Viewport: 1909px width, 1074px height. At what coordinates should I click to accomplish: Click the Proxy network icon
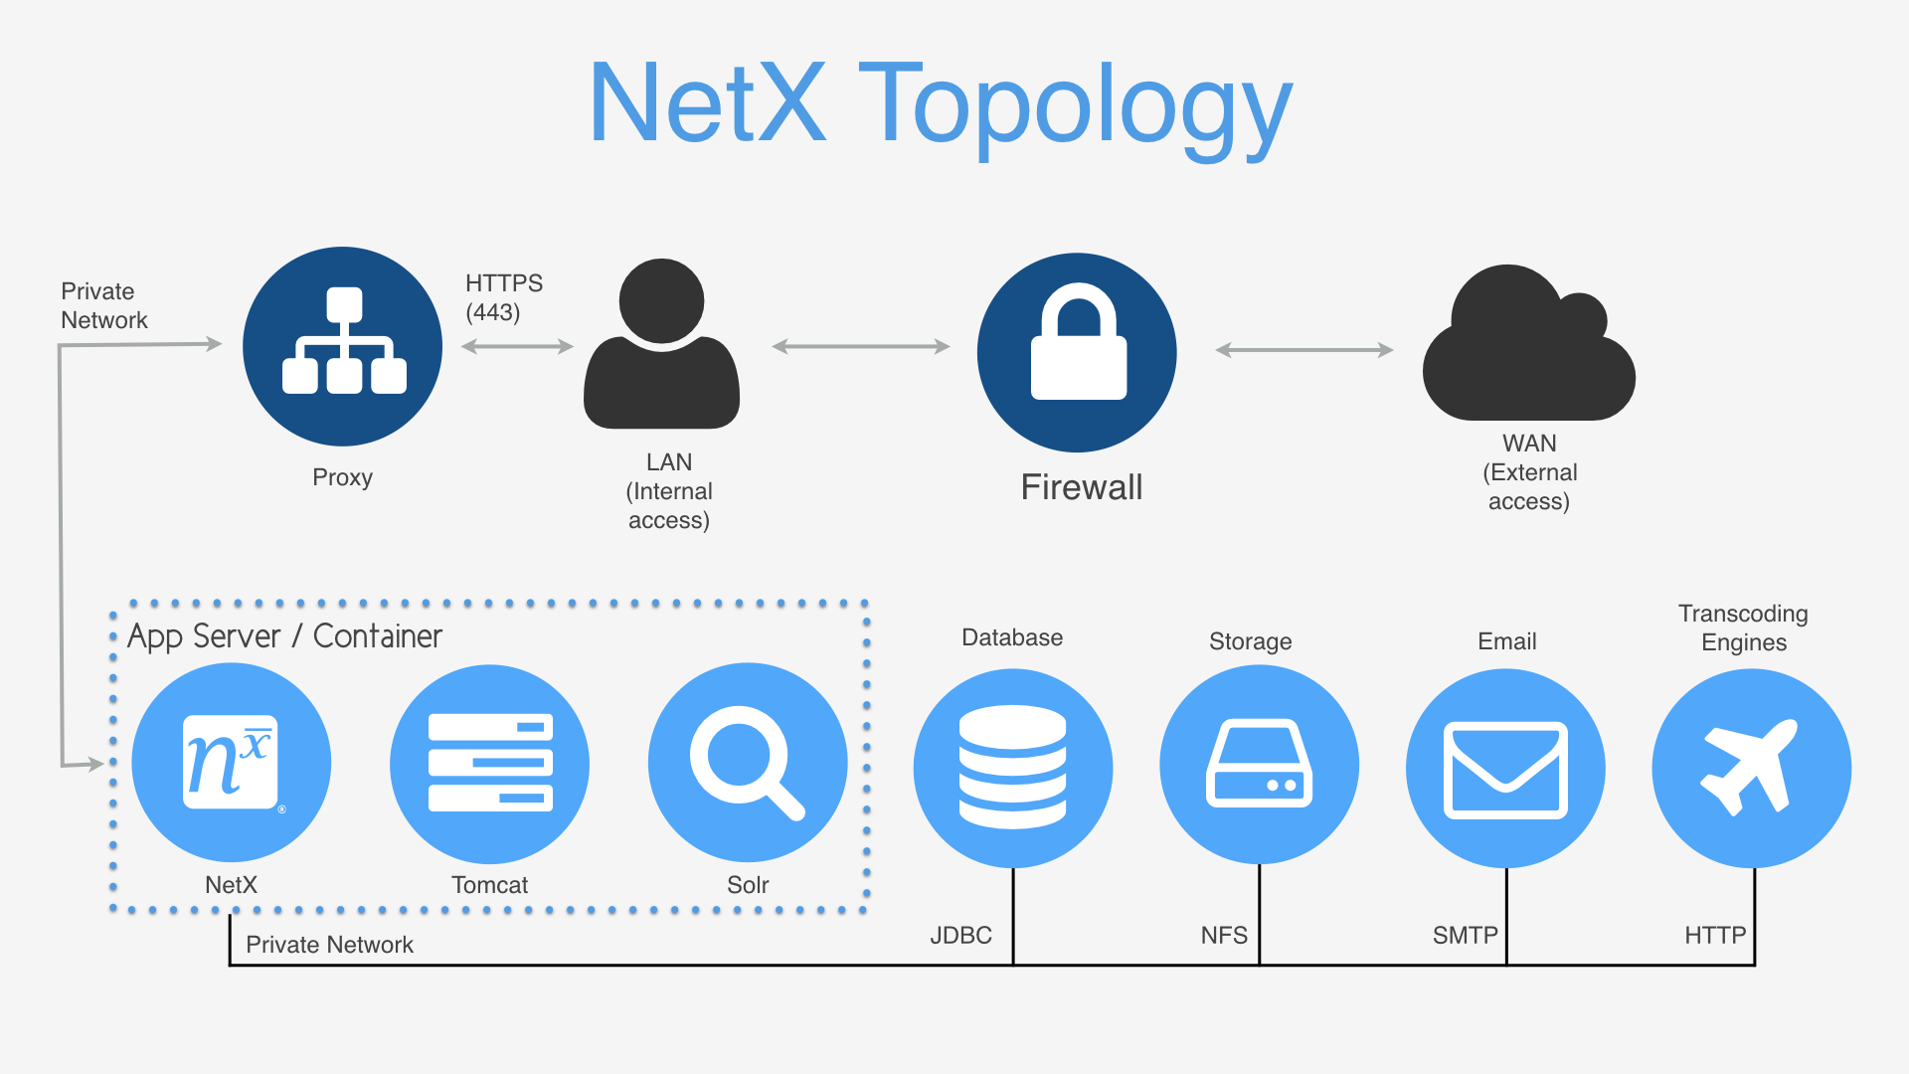[x=343, y=346]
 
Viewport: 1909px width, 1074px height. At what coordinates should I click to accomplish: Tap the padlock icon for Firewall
[x=1078, y=352]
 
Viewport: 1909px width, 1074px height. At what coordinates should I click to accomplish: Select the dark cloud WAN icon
[x=1528, y=348]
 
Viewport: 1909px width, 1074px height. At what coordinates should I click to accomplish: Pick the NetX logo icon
[x=232, y=763]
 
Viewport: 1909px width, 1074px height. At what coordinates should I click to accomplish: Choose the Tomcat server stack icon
[x=490, y=764]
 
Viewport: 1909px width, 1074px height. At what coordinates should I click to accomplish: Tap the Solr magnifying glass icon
[x=748, y=764]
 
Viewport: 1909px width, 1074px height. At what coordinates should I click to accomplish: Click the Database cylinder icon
[x=1013, y=768]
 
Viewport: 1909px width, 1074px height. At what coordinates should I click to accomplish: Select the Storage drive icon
[x=1259, y=765]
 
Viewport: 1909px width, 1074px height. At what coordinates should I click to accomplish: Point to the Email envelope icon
[x=1505, y=769]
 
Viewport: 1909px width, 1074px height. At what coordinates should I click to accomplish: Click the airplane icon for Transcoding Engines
[x=1751, y=769]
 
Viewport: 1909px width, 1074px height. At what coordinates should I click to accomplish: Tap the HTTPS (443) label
[x=504, y=297]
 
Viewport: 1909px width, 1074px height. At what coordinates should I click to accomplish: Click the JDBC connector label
[x=960, y=935]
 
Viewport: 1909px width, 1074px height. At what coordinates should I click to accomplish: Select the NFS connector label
[x=1224, y=935]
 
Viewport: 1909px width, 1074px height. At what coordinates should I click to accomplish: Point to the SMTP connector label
[x=1465, y=935]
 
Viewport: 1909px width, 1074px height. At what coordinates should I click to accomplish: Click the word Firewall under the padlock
[x=1082, y=487]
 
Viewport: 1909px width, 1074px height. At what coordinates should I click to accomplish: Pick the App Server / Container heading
[x=284, y=636]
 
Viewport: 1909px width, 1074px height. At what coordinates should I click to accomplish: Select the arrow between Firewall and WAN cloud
[x=1304, y=350]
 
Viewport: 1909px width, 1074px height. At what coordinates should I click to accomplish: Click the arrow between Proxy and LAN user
[x=517, y=346]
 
